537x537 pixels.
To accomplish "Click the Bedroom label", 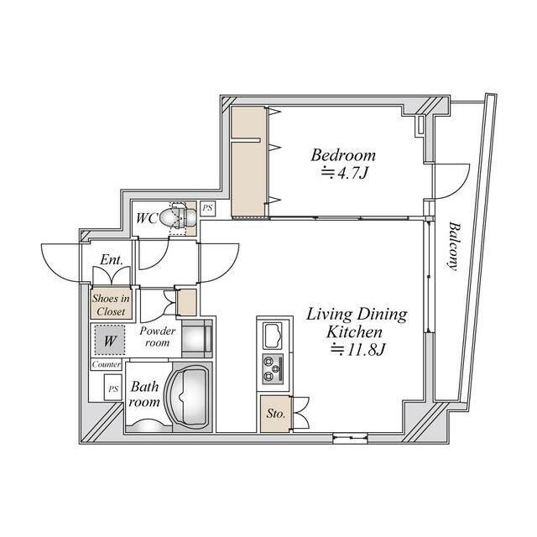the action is pos(343,155).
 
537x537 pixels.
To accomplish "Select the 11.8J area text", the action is pos(358,350).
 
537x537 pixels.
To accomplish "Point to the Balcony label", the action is pos(453,247).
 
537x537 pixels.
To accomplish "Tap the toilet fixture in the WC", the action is pos(178,217).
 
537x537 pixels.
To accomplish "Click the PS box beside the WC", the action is pos(207,208).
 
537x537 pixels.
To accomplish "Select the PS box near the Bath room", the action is pos(113,388).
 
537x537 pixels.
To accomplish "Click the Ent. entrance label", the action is pos(112,259).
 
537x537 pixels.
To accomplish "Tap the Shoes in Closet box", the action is pos(111,305).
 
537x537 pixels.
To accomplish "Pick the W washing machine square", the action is pos(110,340).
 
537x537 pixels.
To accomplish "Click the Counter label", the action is pos(107,364).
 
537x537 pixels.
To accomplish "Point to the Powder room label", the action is pos(157,336).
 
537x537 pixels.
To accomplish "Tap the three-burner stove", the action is pos(273,369).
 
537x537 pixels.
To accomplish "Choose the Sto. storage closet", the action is pos(276,414).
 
